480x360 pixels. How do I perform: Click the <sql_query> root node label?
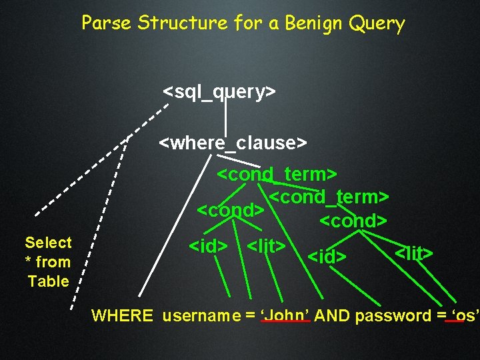219,91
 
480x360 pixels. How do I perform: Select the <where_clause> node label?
233,143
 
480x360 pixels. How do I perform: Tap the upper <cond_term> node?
277,175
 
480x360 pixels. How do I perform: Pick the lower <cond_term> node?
329,197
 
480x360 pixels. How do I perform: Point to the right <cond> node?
353,220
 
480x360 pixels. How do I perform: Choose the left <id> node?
209,246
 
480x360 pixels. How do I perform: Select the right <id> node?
327,255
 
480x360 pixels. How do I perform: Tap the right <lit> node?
414,253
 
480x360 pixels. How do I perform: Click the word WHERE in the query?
122,315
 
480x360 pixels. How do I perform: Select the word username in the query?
204,315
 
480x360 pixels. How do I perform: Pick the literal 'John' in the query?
286,315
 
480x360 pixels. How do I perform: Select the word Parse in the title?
107,23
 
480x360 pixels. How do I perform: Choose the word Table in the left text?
48,281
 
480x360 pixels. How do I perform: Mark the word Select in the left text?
48,243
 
